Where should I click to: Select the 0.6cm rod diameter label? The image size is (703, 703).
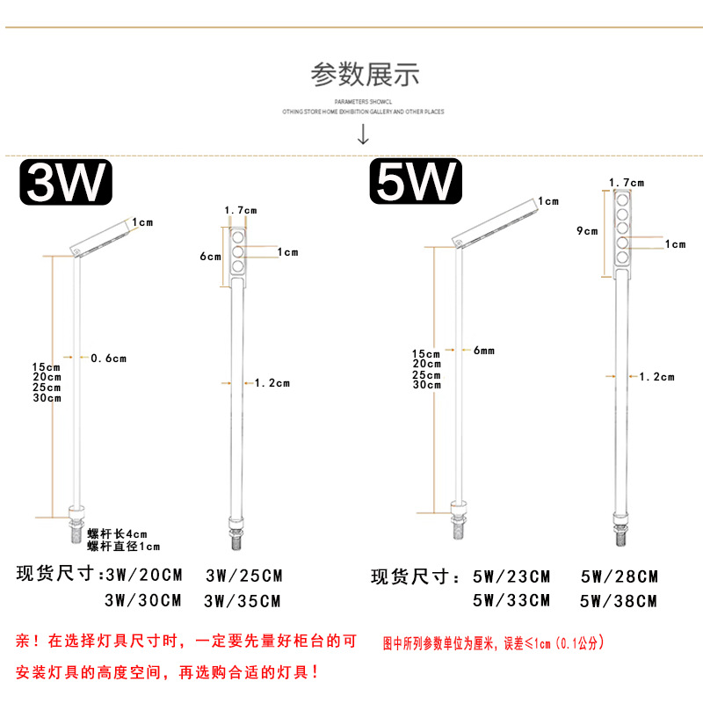(109, 358)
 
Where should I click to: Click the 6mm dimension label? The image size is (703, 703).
(483, 350)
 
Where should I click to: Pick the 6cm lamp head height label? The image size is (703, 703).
(210, 257)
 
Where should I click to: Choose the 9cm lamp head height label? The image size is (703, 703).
(586, 231)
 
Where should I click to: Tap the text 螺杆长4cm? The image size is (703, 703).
(117, 533)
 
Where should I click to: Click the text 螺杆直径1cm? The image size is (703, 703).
(123, 547)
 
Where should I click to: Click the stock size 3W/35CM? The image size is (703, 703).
(243, 601)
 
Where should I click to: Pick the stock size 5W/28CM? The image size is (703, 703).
(619, 577)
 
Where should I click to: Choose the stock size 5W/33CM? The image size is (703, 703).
(511, 601)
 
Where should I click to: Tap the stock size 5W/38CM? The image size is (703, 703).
(619, 601)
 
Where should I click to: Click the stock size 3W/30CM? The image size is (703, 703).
(142, 601)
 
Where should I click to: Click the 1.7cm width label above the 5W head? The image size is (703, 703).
(627, 183)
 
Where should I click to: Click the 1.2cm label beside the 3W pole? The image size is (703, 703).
(272, 382)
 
